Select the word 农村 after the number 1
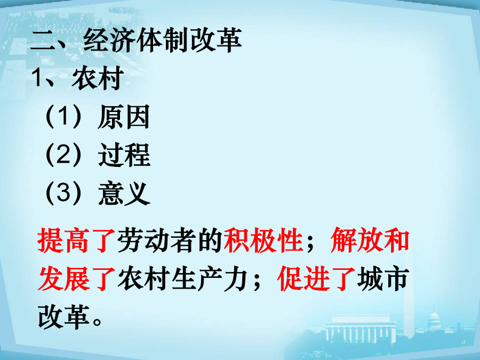coord(98,78)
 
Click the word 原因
coord(124,117)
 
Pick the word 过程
coord(124,155)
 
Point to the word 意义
coord(124,193)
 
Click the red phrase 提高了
coord(76,241)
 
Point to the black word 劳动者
coord(156,241)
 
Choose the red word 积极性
coord(263,241)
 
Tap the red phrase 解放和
coord(370,240)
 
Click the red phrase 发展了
coord(76,278)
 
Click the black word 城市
coord(382,278)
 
